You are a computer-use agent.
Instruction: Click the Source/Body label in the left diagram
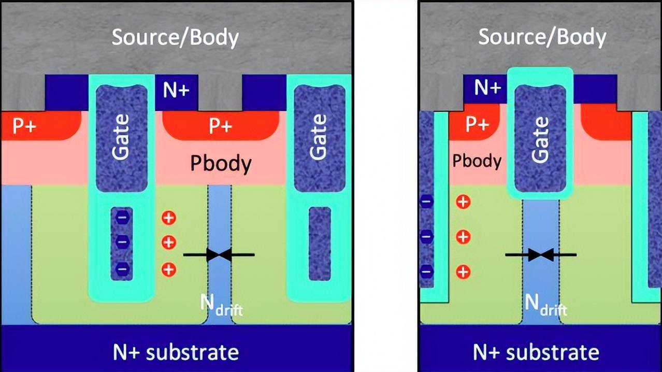(175, 38)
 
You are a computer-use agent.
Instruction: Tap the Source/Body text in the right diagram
(541, 38)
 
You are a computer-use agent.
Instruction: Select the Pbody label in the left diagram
(221, 164)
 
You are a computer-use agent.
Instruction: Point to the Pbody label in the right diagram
(477, 161)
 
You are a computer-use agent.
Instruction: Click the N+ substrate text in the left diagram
(176, 352)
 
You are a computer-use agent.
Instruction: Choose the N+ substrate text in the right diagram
(536, 352)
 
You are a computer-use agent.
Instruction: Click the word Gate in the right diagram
(540, 140)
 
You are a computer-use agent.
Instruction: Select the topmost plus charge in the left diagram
(169, 218)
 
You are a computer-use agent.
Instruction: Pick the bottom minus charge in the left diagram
(122, 269)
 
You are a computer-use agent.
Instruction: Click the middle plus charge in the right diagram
(463, 237)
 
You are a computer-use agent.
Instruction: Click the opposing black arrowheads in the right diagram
(541, 254)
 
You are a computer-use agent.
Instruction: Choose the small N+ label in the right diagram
(486, 88)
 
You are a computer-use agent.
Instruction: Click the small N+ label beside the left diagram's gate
(177, 91)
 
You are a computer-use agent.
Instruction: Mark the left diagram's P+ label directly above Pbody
(221, 126)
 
